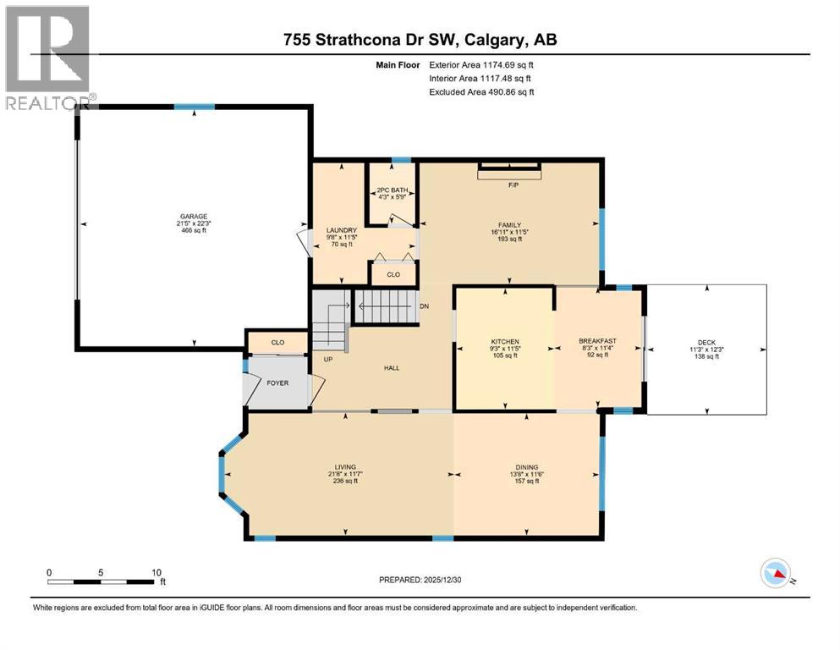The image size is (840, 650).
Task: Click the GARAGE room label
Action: (192, 216)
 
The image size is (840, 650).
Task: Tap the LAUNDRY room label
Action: (342, 230)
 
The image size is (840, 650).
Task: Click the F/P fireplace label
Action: (512, 184)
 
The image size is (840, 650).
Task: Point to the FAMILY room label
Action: (509, 225)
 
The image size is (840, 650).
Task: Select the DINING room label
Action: (528, 467)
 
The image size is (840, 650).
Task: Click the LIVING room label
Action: (344, 467)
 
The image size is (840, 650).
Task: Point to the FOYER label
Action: (277, 383)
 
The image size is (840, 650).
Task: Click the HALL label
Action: (391, 368)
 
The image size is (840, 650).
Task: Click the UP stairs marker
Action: (328, 359)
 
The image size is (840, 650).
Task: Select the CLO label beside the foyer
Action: (277, 342)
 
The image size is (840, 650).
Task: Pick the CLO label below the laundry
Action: (393, 274)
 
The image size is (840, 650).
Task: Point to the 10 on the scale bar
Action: (156, 572)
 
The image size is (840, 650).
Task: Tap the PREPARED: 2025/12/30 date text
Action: (420, 580)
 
